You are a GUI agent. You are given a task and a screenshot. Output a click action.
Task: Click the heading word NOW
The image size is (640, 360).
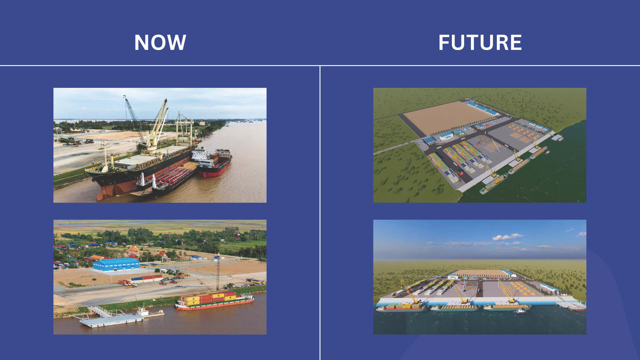(160, 42)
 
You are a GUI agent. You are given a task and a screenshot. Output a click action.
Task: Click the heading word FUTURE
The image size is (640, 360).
(480, 42)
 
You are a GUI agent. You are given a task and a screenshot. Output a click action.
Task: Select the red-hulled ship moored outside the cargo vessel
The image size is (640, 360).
(214, 163)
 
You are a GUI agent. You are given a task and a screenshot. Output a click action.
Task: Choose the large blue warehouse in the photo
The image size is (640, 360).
(116, 264)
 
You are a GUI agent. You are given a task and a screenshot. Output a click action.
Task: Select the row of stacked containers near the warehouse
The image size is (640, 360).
(147, 278)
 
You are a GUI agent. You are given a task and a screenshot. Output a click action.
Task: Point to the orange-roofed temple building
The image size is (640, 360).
(133, 251)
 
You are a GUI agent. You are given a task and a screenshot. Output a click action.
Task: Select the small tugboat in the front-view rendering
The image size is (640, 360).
(520, 312)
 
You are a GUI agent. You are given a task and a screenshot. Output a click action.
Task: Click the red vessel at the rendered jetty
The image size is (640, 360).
(577, 308)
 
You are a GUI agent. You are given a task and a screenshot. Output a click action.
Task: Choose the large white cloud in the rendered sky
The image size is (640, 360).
(507, 237)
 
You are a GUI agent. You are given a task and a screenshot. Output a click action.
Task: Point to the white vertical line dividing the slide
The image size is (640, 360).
(320, 213)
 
